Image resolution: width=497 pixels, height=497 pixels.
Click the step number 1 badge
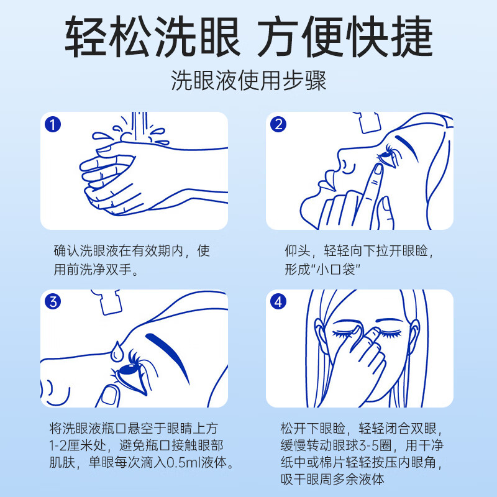53,124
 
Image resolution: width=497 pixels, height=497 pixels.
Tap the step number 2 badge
279,124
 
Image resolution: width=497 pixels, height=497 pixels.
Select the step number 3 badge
53,302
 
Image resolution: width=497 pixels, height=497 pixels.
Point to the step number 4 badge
279,302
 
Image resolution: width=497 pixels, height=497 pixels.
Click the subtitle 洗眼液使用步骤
248,81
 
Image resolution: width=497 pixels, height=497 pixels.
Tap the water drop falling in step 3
117,350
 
